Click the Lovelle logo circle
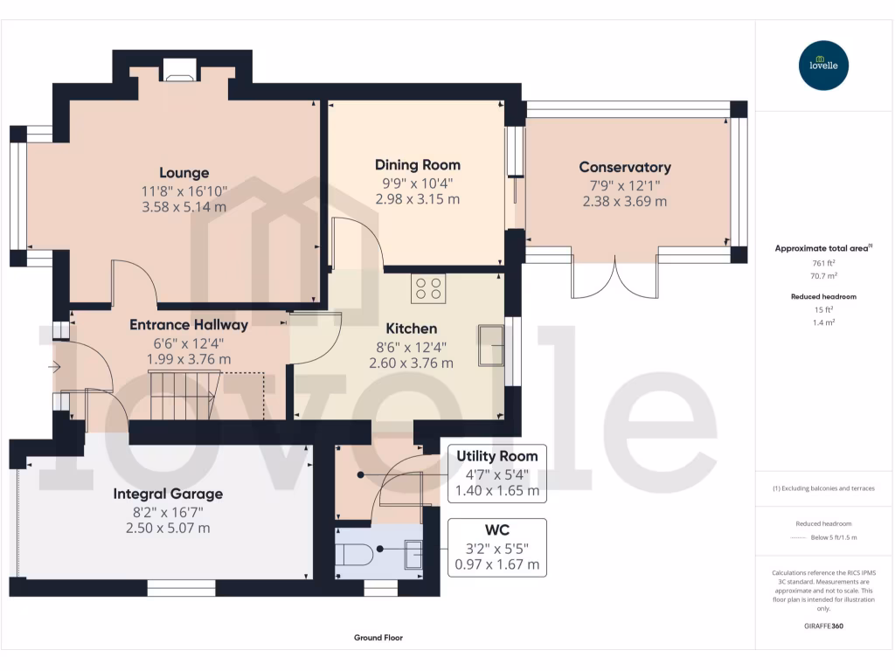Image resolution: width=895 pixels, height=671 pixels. point(824,66)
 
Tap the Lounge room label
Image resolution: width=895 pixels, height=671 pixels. point(184,173)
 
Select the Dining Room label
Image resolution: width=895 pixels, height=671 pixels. point(417,165)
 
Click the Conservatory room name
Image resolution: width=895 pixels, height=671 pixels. point(625,167)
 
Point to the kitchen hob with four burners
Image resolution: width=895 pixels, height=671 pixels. point(428,288)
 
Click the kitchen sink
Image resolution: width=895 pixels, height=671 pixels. point(490,345)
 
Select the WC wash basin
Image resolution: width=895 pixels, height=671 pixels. point(413,554)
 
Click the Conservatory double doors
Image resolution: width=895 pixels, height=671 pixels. point(614,279)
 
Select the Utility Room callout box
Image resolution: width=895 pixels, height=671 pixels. point(496,474)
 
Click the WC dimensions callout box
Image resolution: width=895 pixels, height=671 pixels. point(496,548)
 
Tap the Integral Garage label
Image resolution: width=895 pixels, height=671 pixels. point(168,494)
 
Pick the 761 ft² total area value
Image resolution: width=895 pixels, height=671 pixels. point(819,262)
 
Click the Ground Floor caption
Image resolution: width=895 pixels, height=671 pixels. point(378,638)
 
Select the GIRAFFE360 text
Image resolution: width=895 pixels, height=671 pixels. point(823,626)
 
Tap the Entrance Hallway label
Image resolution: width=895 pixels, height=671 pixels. point(189,325)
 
